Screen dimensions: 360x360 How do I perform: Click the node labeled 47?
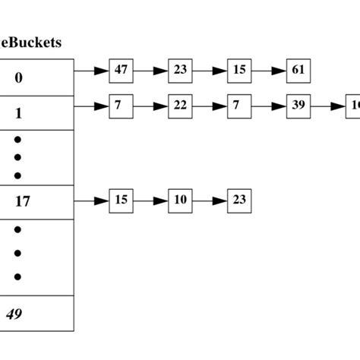(x=121, y=71)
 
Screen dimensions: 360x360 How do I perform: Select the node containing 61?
(x=298, y=71)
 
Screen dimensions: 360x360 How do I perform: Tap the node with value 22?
(x=180, y=106)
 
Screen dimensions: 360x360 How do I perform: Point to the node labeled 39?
(x=298, y=106)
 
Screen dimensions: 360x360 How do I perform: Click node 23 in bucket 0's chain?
(x=180, y=71)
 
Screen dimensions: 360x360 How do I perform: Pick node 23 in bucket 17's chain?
(x=239, y=201)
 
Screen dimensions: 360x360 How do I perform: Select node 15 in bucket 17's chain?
(x=121, y=201)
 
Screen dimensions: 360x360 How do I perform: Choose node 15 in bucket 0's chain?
(x=239, y=71)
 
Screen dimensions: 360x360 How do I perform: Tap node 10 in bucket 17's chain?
(x=180, y=201)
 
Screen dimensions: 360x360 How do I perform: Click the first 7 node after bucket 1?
(x=121, y=106)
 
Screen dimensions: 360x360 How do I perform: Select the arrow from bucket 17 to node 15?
(x=91, y=201)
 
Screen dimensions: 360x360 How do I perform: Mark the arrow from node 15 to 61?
(x=269, y=71)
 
